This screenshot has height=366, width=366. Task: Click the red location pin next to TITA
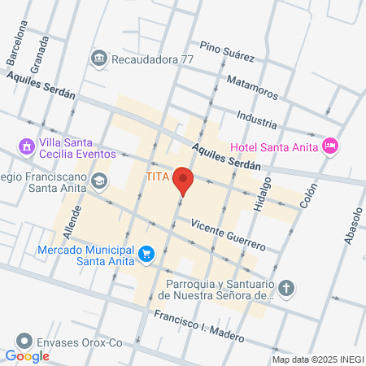coord(184,181)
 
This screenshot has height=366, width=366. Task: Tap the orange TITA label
coord(158,176)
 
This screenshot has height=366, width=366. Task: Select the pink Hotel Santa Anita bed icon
coord(330,146)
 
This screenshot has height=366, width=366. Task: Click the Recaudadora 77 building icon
coord(99,58)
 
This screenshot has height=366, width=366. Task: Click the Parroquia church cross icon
coord(286,288)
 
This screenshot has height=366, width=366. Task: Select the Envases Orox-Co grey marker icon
coord(26,342)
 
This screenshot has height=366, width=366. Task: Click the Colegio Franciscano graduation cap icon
coord(99,181)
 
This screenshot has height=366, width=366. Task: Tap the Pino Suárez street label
coord(227,52)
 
